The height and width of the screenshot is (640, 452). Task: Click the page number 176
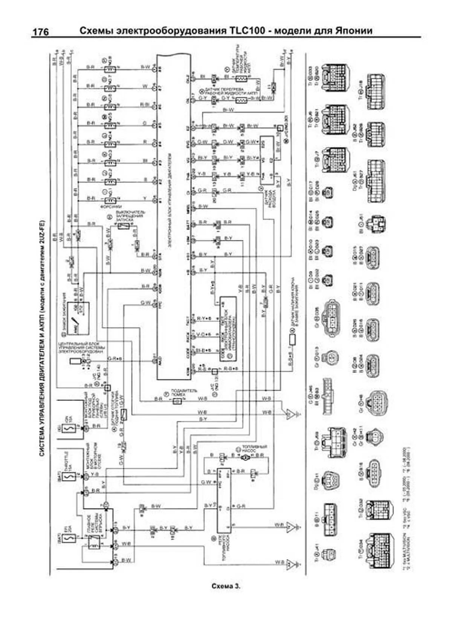coord(40,32)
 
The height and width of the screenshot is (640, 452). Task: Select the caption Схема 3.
coord(226,586)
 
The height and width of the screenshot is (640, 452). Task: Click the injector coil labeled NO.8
coord(110,69)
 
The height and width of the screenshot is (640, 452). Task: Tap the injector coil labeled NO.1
coord(110,200)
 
